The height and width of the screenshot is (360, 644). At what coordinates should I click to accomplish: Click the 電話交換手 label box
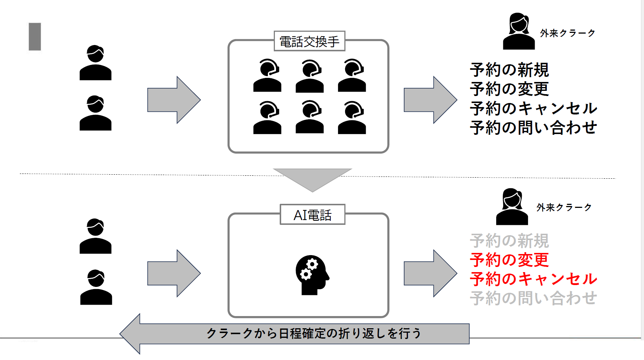(309, 41)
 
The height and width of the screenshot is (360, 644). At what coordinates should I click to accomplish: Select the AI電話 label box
(312, 215)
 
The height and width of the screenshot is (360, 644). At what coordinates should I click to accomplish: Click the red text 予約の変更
(509, 260)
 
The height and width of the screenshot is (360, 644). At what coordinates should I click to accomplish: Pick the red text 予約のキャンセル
(533, 279)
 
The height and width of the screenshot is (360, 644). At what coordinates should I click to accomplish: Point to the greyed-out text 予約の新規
(509, 241)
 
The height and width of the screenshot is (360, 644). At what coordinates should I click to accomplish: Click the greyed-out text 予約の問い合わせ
(533, 298)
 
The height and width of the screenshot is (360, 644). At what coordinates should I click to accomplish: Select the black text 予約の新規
(509, 70)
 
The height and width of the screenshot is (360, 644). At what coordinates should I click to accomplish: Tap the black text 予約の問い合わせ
(533, 128)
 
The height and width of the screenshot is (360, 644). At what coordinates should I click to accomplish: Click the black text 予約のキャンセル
(533, 109)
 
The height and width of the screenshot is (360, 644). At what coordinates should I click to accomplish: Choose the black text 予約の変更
(509, 89)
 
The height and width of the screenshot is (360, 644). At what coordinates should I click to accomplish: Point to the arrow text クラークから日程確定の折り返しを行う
(314, 333)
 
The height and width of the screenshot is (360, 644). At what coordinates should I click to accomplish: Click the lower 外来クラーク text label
(564, 208)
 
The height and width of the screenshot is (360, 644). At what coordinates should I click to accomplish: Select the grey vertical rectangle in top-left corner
(35, 37)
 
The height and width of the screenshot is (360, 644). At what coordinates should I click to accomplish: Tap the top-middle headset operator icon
(310, 76)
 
